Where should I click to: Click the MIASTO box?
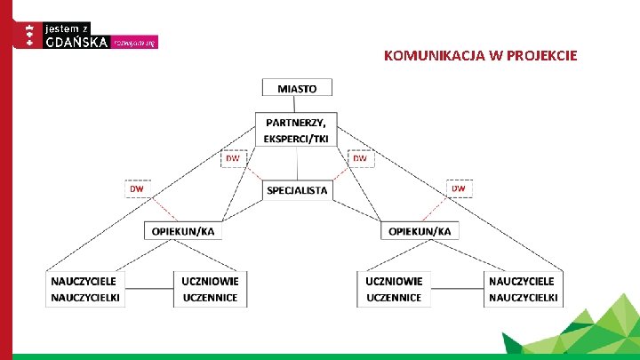297,88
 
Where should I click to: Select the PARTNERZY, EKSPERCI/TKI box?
297,129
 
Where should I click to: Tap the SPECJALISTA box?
297,189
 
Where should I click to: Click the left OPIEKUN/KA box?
183,231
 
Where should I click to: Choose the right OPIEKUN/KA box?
420,231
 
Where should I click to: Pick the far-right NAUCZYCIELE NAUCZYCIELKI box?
523,289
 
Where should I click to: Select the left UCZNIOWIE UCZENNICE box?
211,289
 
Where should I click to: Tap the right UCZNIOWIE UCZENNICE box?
394,289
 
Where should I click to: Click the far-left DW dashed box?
137,189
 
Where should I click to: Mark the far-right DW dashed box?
459,188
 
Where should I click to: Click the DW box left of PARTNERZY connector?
232,158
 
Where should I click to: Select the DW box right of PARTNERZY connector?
360,158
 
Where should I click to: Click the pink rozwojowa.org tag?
136,43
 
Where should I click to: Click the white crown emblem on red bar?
29,35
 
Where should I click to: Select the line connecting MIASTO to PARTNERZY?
297,104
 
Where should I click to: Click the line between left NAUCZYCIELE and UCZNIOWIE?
149,289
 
